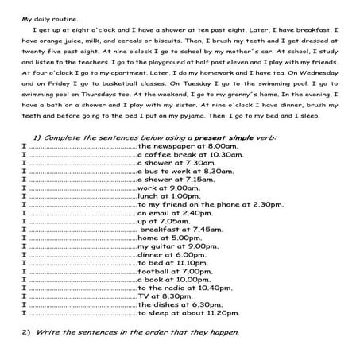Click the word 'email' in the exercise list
[x=157, y=214]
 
